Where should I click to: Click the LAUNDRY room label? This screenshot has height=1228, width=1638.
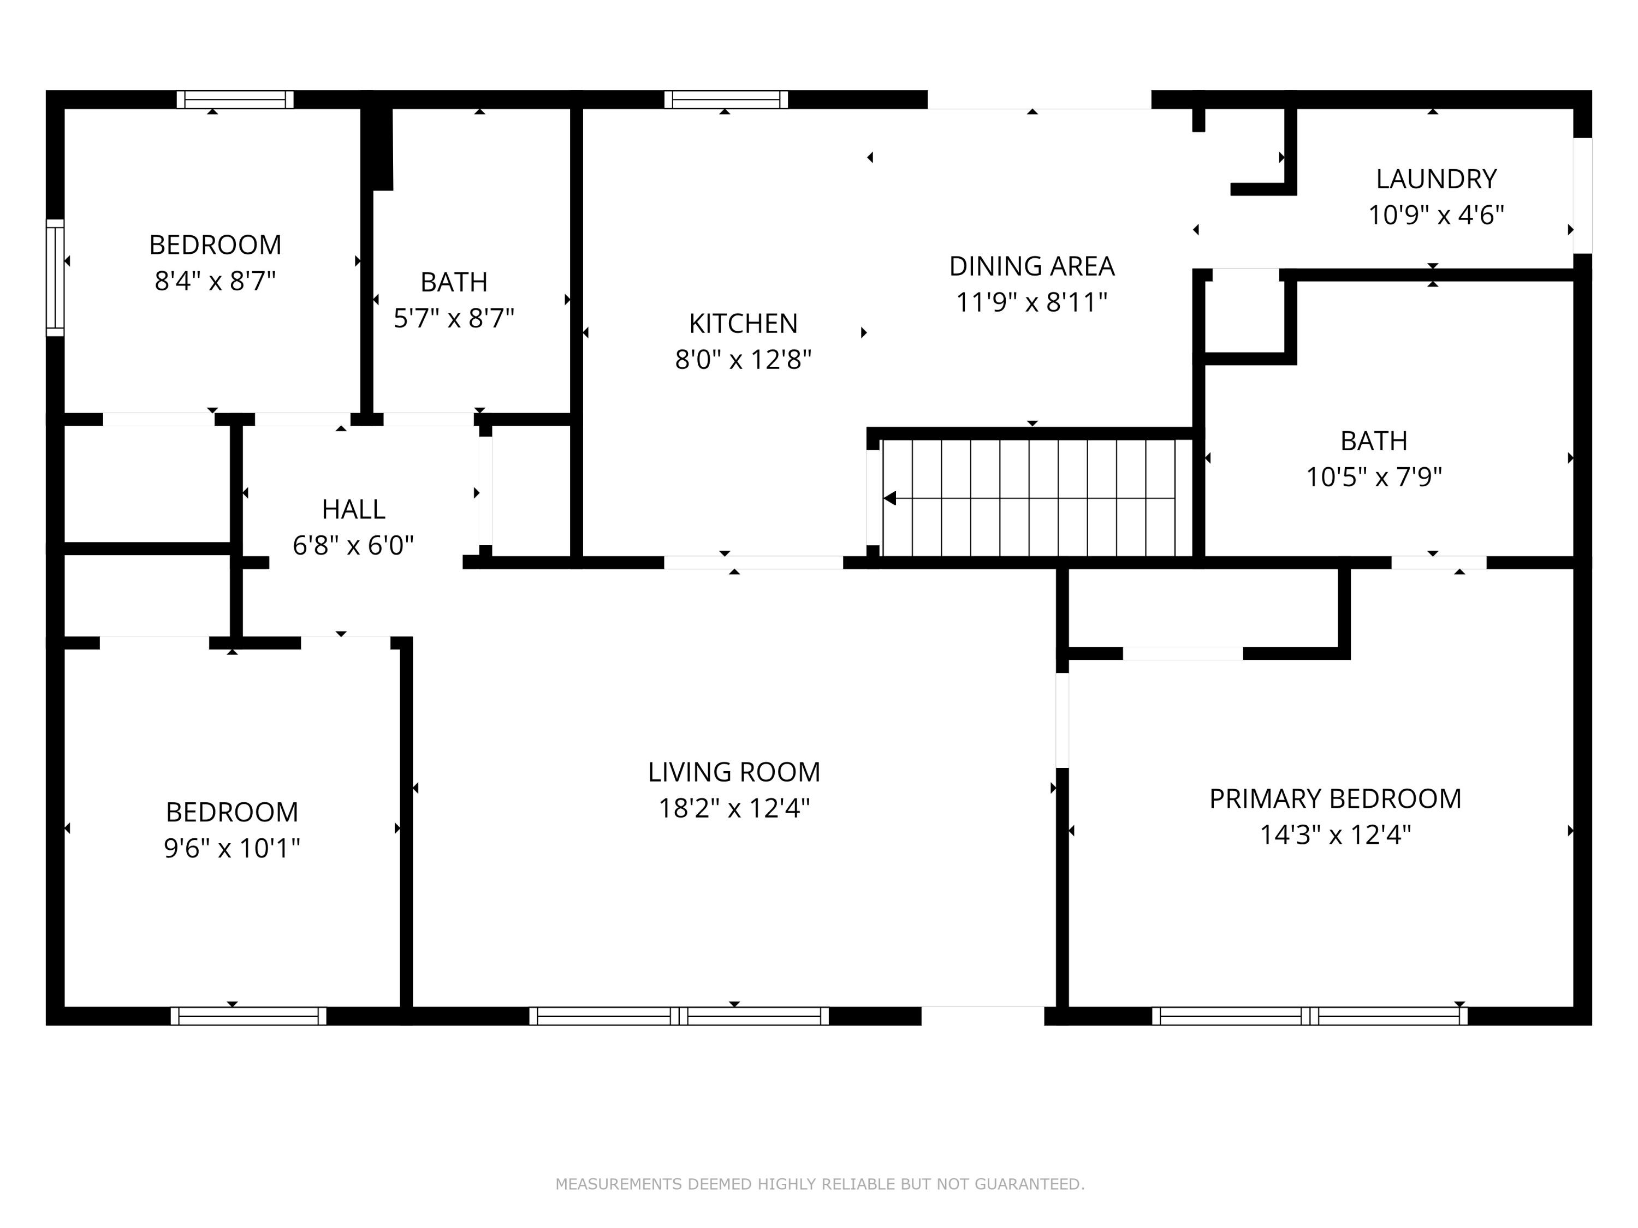point(1436,179)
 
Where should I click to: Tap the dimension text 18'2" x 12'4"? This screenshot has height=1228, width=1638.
point(734,808)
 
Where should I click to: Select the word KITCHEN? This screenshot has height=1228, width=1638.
point(743,324)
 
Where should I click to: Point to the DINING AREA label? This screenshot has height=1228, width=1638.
point(1031,266)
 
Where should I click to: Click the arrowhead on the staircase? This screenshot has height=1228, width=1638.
point(890,498)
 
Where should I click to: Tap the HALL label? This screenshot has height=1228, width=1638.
point(353,509)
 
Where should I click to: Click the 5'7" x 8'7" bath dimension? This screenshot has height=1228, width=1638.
point(453,318)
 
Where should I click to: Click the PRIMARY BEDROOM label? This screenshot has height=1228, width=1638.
point(1335,798)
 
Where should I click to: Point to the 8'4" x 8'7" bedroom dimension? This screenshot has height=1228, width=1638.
point(215,281)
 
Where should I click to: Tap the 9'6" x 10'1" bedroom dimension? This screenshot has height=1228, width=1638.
point(232,848)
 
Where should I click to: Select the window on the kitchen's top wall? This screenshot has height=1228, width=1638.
point(726,99)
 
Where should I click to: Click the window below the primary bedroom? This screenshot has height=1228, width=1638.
point(1309,1016)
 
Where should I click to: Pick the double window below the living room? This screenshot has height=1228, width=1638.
point(679,1016)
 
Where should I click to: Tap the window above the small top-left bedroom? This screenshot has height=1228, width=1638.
point(235,99)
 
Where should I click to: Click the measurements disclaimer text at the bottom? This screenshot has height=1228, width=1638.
point(820,1184)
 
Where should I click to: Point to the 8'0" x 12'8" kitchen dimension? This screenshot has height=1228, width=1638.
point(743,360)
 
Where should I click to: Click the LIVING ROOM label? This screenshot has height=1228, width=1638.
point(734,772)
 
